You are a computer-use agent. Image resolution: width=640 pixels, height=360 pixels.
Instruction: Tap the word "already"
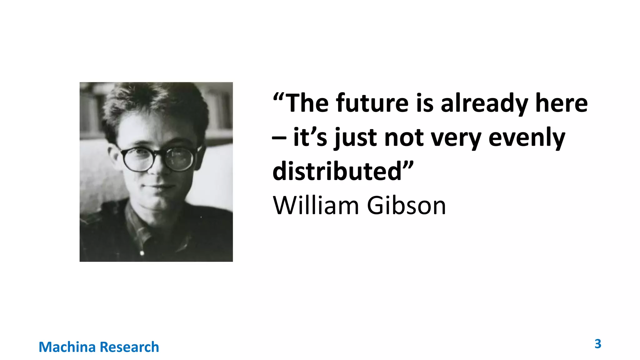click(484, 104)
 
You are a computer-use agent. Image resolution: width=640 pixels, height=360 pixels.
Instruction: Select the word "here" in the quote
click(561, 103)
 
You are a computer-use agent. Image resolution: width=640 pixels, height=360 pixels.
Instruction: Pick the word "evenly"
click(527, 138)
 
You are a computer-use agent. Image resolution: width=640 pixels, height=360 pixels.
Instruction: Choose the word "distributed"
click(337, 171)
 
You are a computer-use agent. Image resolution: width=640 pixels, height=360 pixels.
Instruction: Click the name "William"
click(316, 206)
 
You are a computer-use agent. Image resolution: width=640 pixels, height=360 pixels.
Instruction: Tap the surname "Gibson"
click(406, 206)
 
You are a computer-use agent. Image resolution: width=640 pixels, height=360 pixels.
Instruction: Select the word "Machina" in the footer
click(67, 347)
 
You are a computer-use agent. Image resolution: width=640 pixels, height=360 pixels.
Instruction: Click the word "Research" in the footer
click(129, 347)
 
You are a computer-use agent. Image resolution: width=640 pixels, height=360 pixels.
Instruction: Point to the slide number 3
click(597, 344)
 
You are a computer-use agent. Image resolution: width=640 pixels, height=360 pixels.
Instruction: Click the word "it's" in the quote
click(310, 137)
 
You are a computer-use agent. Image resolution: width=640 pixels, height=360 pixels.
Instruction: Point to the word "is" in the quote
click(425, 103)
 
